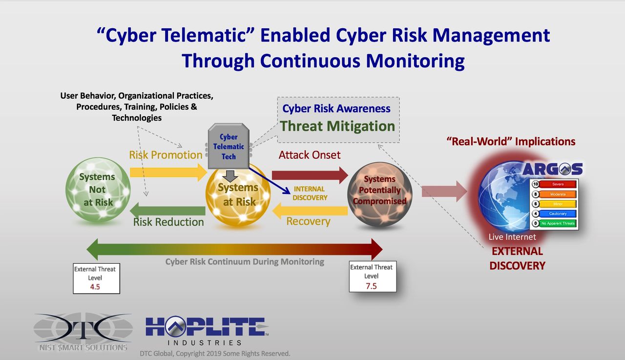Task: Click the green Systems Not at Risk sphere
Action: pos(98,190)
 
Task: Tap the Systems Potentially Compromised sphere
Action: pos(380,194)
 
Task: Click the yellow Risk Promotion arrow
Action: pos(168,172)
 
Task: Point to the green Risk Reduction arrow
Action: pos(167,211)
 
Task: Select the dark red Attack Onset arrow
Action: pos(310,175)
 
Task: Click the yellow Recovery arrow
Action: pos(310,211)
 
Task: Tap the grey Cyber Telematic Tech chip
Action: pos(229,146)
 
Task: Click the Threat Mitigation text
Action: pos(337,126)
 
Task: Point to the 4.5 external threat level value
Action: pos(95,287)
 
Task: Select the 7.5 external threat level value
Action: pos(371,286)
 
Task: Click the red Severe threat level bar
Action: pos(558,184)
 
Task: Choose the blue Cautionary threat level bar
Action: pos(558,213)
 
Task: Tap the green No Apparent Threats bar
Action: pos(558,223)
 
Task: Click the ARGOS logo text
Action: pos(552,169)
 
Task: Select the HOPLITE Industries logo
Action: pos(207,331)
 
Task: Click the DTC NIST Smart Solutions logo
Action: pos(83,332)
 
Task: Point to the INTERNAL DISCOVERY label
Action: pos(310,193)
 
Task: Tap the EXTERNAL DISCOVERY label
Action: pos(517,258)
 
